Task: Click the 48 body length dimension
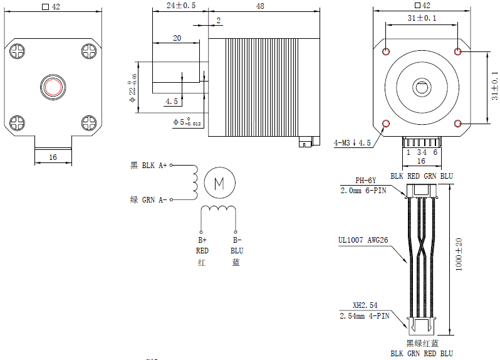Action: (259, 6)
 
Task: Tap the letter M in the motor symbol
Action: (219, 183)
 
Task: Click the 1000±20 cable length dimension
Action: (459, 255)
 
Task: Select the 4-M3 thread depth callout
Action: (352, 143)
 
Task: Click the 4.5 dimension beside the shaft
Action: (171, 101)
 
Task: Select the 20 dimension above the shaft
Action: (177, 38)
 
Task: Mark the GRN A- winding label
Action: (148, 200)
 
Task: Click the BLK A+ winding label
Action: (148, 166)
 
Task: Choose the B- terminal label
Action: (236, 240)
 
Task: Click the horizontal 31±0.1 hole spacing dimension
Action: (422, 19)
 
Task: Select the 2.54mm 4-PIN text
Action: (364, 316)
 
